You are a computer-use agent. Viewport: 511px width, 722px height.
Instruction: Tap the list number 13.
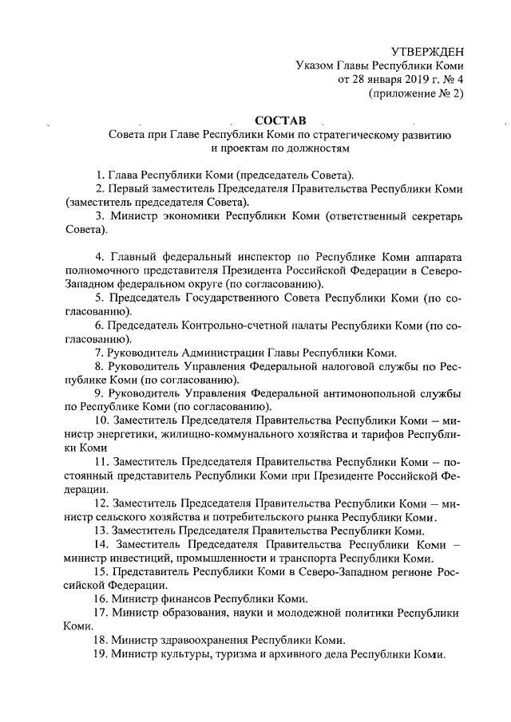(x=101, y=531)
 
